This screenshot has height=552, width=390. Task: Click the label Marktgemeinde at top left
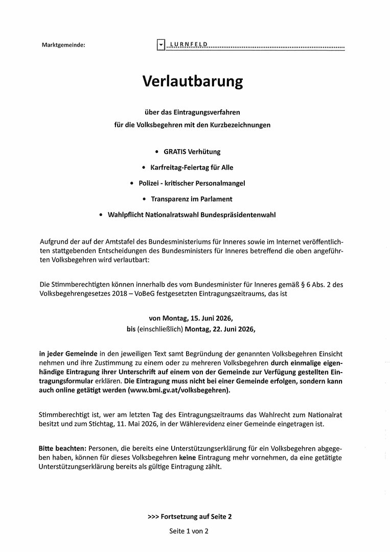point(63,45)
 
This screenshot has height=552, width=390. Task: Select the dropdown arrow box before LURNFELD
point(161,45)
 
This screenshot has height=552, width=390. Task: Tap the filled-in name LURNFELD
point(188,45)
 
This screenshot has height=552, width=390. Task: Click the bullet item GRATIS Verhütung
point(192,152)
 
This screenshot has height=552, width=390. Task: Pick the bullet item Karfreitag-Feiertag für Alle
point(192,167)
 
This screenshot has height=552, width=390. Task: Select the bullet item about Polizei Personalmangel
point(192,183)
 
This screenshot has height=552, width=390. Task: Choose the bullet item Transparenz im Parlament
point(192,199)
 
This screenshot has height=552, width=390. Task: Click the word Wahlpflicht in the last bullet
point(125,215)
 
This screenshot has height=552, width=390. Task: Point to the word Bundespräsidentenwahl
point(241,215)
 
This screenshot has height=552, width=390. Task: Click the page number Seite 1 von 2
point(189,531)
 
